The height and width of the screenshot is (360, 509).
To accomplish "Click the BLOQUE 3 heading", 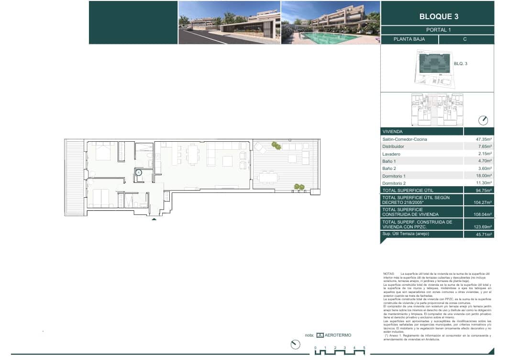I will coord(438,16).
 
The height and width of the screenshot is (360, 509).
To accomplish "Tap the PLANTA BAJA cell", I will coord(409,40).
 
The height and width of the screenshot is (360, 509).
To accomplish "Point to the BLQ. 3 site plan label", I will coord(460,63).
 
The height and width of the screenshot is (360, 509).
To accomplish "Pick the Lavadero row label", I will coord(391,154).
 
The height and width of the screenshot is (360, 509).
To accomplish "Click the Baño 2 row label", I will coord(389,169).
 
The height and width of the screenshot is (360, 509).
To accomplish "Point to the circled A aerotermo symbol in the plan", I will coord(139,173).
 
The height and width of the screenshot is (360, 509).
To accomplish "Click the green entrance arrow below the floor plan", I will coord(154,219).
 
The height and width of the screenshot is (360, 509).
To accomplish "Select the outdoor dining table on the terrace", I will coord(267,178).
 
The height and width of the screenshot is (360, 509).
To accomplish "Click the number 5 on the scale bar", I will coord(364,347).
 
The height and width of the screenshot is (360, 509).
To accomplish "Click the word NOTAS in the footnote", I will coord(388,273).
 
